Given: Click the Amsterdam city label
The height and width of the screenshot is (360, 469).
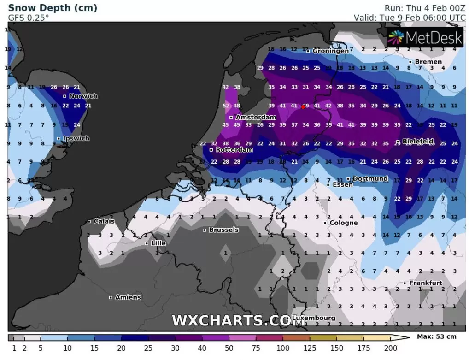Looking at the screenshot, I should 256,118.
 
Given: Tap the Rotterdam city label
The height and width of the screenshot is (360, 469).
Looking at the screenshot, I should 234,150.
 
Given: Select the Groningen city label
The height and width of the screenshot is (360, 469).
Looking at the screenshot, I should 330,51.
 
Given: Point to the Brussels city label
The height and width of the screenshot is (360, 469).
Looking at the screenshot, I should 223,230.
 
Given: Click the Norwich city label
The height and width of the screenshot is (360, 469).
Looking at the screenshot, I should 83,96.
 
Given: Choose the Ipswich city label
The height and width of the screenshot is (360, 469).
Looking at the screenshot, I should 76,138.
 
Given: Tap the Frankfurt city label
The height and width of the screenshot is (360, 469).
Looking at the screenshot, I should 426,283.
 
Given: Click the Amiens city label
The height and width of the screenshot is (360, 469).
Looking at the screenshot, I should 128,297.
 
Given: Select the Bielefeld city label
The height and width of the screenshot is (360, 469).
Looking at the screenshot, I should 418,142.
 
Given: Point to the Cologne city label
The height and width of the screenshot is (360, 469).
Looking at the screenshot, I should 343,223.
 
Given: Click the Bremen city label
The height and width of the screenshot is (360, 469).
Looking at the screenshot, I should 428,62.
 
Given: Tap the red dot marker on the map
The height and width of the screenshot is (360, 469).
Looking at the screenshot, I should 303,106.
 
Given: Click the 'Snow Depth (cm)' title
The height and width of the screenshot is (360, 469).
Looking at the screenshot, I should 53,8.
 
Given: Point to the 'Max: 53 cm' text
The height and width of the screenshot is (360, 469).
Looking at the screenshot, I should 436,336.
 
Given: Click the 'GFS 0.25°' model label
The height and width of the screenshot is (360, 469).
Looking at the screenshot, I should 29,18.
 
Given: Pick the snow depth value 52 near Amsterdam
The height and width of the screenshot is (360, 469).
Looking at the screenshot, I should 226,106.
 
